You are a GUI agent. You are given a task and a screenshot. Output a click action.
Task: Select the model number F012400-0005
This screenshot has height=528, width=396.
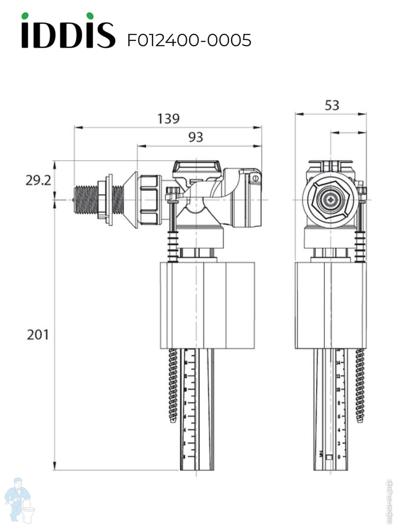pos(189,40)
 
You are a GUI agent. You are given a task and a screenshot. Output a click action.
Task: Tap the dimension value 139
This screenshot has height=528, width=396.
pos(169,119)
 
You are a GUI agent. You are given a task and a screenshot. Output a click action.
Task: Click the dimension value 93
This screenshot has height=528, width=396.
pos(196,137)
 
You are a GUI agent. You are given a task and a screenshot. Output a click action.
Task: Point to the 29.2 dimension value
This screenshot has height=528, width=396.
pos(37,180)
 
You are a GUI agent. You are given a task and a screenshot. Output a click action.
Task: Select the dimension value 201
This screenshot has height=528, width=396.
pos(38,335)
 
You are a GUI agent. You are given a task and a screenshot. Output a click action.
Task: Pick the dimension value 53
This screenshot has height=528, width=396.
pos(332,106)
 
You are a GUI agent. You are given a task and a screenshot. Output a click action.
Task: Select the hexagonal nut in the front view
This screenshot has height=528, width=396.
pos(330,200)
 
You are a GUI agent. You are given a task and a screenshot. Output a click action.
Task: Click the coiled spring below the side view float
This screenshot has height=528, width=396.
pos(173,383)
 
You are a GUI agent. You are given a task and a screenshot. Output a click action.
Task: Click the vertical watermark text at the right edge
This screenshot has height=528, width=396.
pos(389,502)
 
